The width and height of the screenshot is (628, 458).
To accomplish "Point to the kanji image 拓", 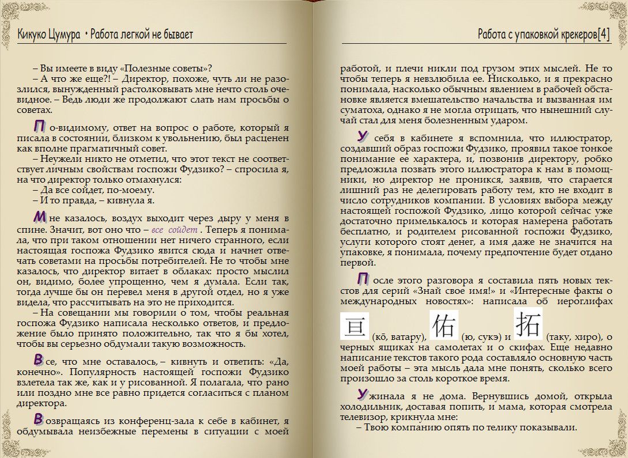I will (528, 323).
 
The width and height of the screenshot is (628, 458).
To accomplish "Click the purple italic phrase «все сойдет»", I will (176, 230).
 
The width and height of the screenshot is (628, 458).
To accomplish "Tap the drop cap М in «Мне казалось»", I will (40, 218).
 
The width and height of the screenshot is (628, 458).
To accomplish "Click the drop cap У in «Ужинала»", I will (362, 395).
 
